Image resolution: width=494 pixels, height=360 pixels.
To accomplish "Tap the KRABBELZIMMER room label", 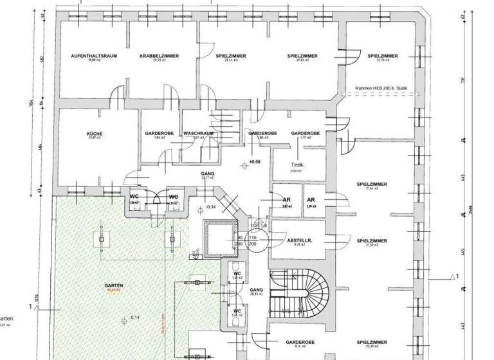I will point(159,57).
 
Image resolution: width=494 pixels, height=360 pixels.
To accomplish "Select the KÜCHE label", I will point(95,134).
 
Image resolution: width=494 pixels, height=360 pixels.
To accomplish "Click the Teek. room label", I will point(297,164).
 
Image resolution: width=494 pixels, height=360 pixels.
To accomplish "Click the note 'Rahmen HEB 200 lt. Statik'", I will point(382,88).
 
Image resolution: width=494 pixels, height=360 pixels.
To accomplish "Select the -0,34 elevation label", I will point(212,207).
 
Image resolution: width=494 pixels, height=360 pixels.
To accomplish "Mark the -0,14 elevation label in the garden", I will point(134,318).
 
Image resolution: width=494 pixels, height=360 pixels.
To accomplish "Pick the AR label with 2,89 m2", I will point(311,200).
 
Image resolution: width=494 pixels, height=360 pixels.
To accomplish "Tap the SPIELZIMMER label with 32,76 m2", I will point(383,57).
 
